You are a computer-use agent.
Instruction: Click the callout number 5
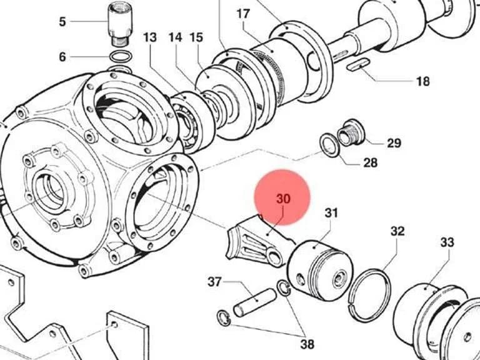[x=62, y=22]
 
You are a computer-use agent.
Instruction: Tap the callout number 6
[x=62, y=57]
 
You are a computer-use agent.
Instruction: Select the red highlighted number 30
[x=283, y=199]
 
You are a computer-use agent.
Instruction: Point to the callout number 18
[x=422, y=81]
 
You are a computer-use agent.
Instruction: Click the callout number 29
[x=394, y=143]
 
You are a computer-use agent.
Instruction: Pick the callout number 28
[x=370, y=162]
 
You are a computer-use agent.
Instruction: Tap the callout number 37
[x=214, y=282]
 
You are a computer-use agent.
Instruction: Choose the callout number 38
[x=307, y=344]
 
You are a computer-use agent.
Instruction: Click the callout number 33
[x=447, y=242]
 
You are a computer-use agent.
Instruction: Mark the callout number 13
[x=150, y=37]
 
